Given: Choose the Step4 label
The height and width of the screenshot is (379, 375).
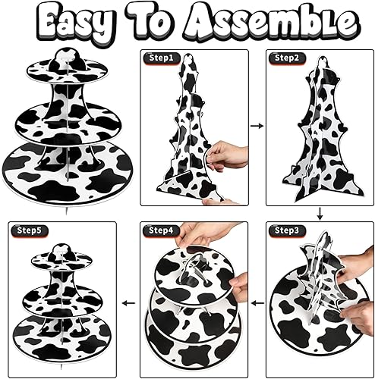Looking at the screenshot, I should pyautogui.click(x=161, y=230).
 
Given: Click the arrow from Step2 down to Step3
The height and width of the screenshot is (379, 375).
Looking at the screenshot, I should pyautogui.click(x=320, y=214).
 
